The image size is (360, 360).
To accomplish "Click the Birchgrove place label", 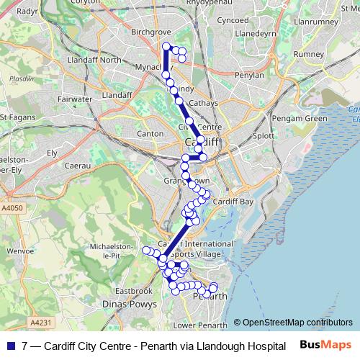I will (150, 32).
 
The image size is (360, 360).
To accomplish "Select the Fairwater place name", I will (76, 99).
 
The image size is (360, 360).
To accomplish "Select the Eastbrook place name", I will (133, 291).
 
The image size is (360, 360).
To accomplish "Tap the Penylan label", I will (239, 74).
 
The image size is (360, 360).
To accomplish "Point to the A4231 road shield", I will (42, 323).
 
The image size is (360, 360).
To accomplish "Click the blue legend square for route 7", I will (12, 346).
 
